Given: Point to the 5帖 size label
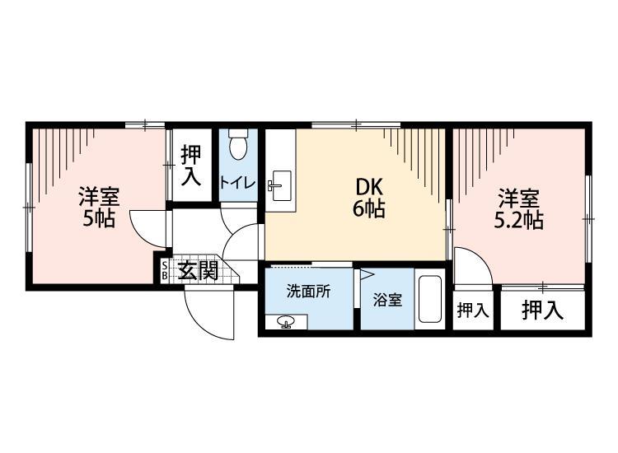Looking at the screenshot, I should tap(98, 219).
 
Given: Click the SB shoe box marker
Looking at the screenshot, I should tap(164, 270).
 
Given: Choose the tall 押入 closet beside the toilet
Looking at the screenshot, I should tap(191, 166).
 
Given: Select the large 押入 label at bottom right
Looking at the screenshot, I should tap(543, 311).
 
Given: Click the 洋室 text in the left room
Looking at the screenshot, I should tap(99, 198).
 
